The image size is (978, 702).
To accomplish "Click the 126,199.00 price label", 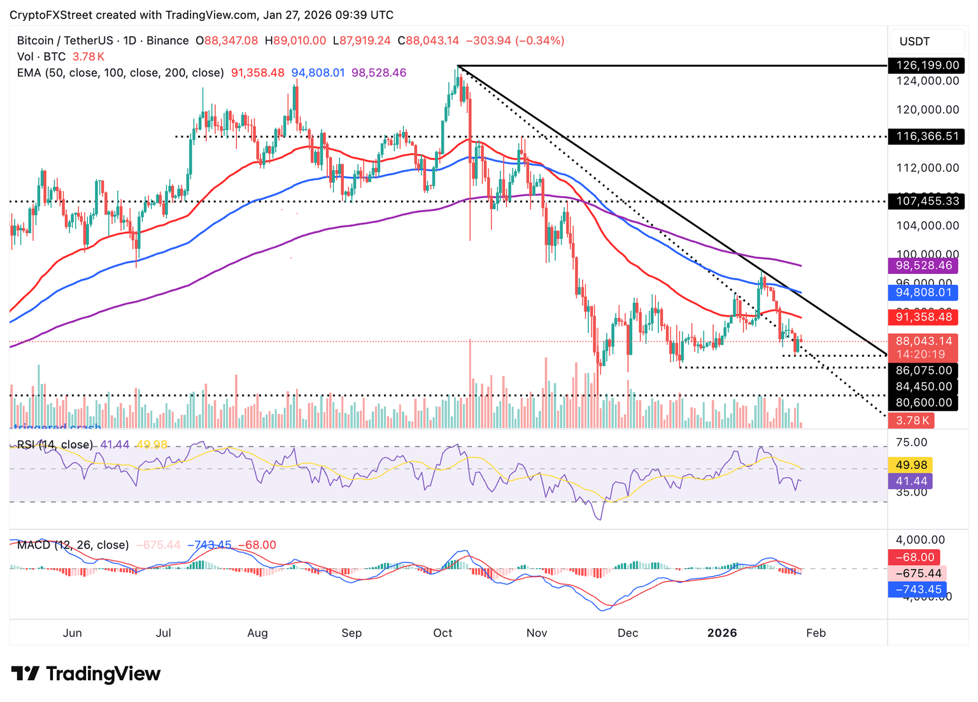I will [x=927, y=66].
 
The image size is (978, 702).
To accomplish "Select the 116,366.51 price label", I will [x=927, y=136].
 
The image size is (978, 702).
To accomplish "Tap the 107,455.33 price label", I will [x=927, y=201].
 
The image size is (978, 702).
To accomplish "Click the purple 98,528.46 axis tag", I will [x=924, y=266].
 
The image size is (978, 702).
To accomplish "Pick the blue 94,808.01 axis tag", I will [x=924, y=293].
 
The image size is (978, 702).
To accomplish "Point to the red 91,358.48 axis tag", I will [x=924, y=317].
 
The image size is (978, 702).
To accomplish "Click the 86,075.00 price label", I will [x=924, y=370].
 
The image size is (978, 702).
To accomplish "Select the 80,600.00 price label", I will [x=924, y=403].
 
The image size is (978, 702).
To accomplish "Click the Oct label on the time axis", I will [x=443, y=633].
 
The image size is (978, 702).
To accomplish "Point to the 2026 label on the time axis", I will [x=722, y=633].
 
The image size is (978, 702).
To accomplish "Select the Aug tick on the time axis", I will [x=257, y=633].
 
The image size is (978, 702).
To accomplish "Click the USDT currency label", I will [x=914, y=41].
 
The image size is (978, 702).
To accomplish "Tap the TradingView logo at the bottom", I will [x=86, y=673].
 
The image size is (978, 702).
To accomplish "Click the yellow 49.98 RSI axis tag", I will [x=911, y=465].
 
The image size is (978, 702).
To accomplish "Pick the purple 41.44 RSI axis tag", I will [x=911, y=481].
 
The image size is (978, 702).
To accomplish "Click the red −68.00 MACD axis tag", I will [x=914, y=557].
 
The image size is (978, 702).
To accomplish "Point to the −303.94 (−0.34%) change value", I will [x=515, y=41].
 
